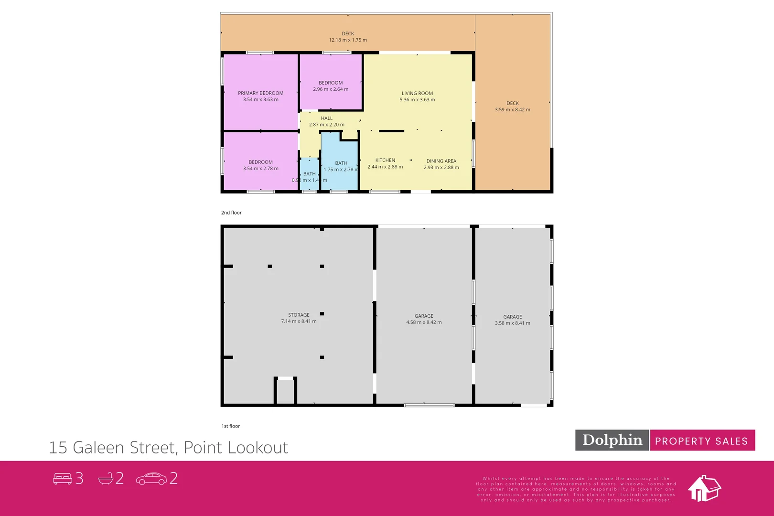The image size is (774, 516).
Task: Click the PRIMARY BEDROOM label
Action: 260,93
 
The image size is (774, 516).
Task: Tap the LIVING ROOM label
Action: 417,93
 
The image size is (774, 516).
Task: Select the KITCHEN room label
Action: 385,160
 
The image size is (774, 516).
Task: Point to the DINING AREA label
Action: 441,161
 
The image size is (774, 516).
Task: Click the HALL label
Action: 326,118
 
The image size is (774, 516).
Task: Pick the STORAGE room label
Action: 299,315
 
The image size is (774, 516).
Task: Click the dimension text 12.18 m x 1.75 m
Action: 348,40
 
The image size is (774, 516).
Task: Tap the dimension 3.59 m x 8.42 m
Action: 512,110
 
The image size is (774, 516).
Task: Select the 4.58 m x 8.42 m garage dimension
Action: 424,322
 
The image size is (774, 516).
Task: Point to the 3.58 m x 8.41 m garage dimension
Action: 512,323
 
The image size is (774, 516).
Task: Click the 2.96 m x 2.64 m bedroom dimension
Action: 331,89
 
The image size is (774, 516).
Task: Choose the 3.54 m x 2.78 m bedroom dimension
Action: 260,169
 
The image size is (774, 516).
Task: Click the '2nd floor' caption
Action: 231,213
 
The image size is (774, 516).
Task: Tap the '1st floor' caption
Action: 230,426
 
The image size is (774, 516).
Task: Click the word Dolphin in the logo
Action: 612,440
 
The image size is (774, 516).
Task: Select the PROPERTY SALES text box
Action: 701,441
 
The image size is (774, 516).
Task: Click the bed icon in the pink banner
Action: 62,478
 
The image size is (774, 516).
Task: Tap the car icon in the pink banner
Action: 151,478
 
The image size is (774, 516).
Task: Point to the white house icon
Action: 704,488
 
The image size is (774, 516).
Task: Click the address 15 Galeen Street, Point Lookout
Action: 168,448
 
